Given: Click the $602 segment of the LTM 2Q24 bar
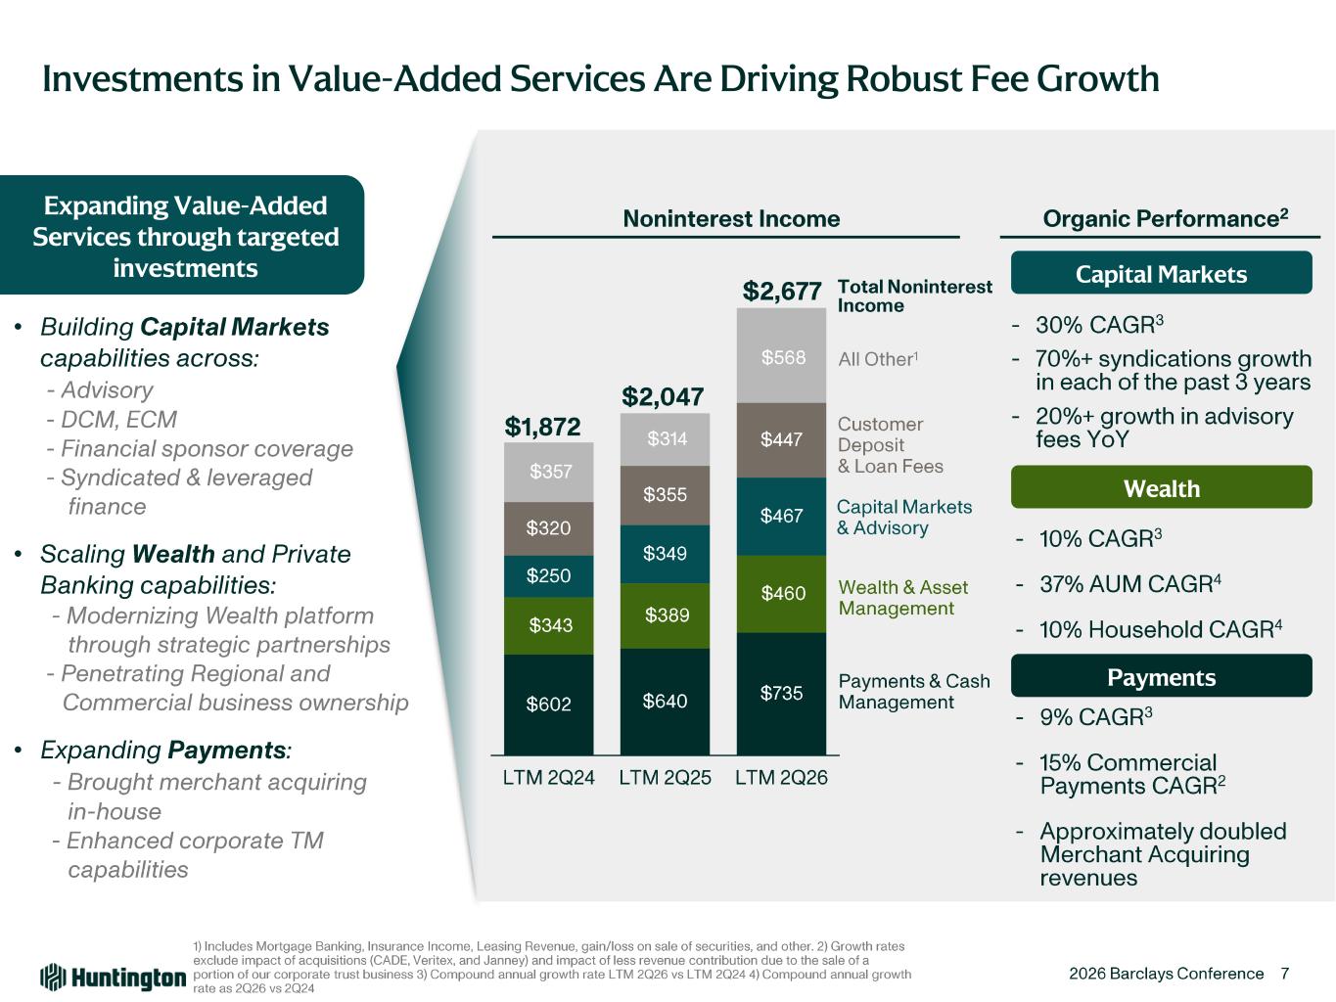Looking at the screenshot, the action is [x=548, y=705].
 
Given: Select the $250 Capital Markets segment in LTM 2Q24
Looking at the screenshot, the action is [x=548, y=575].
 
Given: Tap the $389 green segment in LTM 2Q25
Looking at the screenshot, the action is [x=665, y=615].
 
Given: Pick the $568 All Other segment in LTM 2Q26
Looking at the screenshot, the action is [x=781, y=356].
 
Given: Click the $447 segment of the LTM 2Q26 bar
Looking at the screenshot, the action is [x=781, y=440].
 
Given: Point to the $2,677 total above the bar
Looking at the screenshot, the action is [x=782, y=291].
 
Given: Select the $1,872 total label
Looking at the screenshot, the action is [x=542, y=427].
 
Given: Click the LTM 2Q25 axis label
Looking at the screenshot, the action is [x=665, y=778].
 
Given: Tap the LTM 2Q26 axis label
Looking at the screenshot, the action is [x=781, y=778].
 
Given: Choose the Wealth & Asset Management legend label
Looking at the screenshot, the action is [x=902, y=598].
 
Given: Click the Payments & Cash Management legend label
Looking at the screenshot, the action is [x=913, y=692].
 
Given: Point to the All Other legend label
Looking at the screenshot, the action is [x=878, y=359].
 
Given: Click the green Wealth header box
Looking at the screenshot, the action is [x=1161, y=486].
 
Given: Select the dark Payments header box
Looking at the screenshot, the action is [x=1161, y=675].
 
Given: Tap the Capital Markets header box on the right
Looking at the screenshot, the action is [x=1161, y=273].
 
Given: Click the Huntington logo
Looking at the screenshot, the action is [x=114, y=978].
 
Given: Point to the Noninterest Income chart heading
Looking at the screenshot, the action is [x=731, y=218].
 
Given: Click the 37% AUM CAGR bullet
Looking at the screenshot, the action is [x=1129, y=584].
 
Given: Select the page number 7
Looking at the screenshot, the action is [x=1284, y=974].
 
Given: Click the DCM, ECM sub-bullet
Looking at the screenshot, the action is [x=112, y=420].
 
